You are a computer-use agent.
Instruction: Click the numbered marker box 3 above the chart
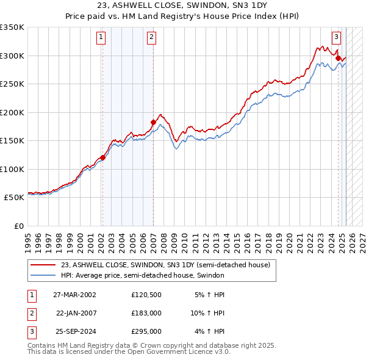(x=336, y=37)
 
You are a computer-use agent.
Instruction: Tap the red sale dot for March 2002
(x=102, y=157)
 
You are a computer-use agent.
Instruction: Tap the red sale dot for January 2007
(x=152, y=122)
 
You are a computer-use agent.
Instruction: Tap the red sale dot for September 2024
(x=338, y=58)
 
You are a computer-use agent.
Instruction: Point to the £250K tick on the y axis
(x=13, y=84)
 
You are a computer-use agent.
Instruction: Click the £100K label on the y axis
(x=13, y=169)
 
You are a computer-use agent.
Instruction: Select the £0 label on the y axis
(x=18, y=226)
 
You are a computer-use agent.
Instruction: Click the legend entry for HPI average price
(x=142, y=275)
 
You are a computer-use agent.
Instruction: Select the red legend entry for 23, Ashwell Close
(x=169, y=265)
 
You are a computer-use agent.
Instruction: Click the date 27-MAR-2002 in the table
(x=74, y=295)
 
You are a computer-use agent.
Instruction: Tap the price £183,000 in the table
(x=146, y=313)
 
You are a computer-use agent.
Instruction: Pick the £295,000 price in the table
(x=146, y=331)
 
